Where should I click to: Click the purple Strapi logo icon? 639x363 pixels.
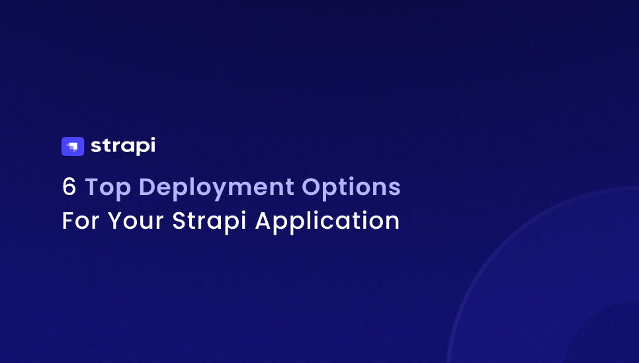point(73,146)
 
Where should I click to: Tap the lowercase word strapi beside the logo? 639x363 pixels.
point(123,146)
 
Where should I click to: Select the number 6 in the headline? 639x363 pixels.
point(69,188)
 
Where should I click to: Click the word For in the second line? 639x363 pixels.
point(80,221)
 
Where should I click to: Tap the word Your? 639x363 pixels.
point(136,221)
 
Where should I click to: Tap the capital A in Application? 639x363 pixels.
point(265,221)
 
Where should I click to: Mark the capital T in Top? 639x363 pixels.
point(92,188)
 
